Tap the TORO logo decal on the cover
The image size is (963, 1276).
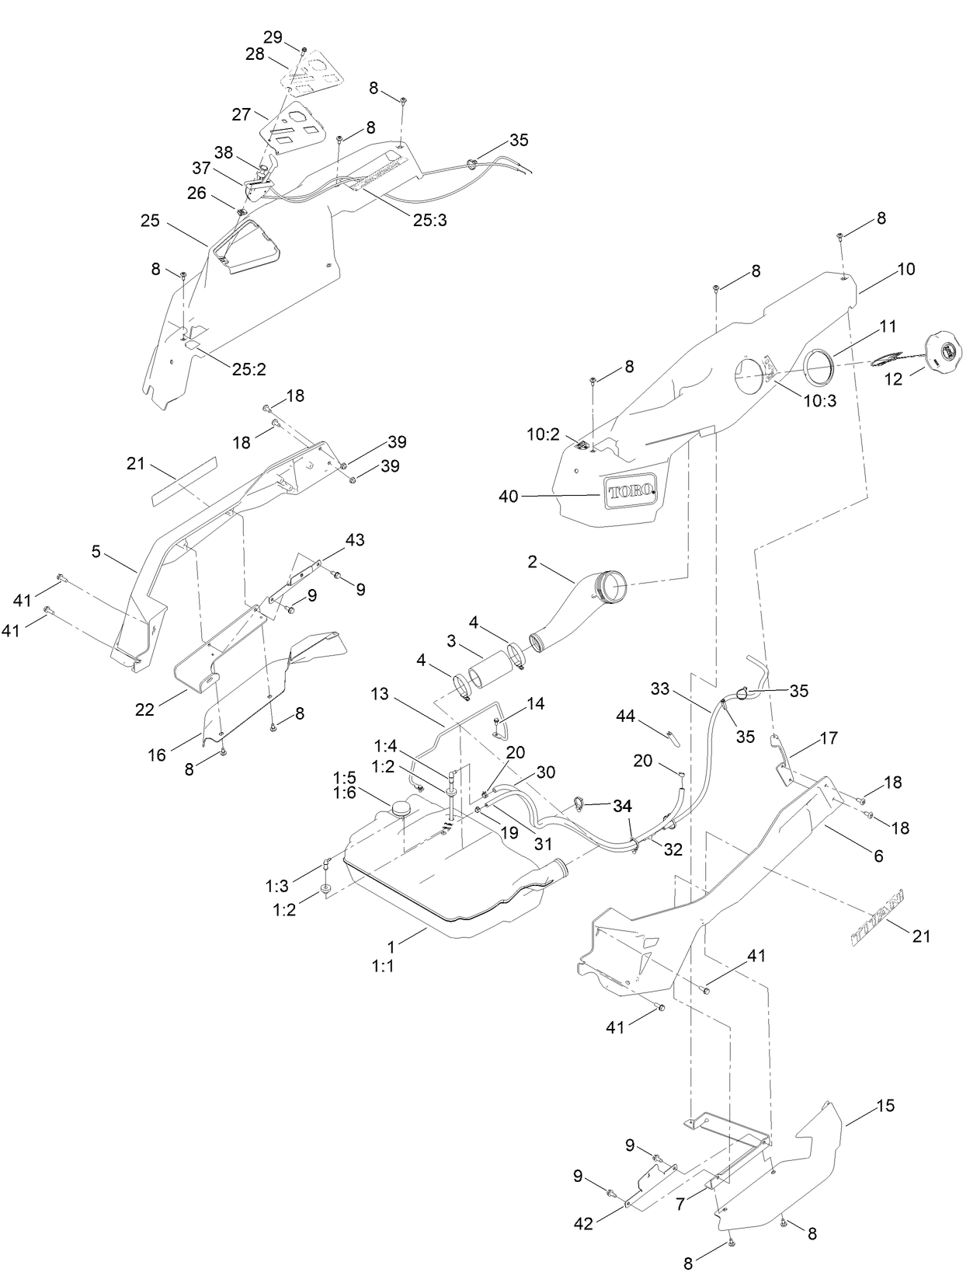(631, 492)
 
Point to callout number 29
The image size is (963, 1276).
(273, 37)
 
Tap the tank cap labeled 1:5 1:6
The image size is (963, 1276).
(402, 809)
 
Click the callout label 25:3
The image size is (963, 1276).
(429, 220)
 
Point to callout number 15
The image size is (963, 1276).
(885, 1105)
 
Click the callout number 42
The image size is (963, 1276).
(583, 1224)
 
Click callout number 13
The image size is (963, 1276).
(379, 695)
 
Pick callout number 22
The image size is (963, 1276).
(144, 708)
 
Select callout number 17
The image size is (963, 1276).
(829, 737)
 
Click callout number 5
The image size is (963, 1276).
(96, 551)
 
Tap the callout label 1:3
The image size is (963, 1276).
(276, 885)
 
